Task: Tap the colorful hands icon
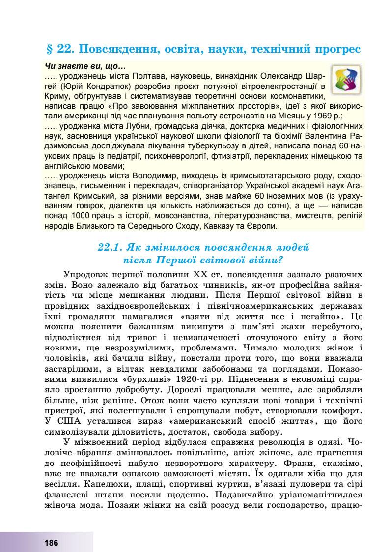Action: [347, 81]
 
